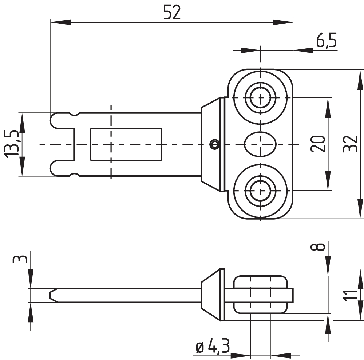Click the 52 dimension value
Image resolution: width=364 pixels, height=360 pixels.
172,12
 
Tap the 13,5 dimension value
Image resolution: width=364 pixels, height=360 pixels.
11,144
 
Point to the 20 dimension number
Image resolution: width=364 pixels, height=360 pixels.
318,144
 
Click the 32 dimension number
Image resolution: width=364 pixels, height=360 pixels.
350,144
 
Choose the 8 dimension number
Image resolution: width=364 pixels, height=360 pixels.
318,247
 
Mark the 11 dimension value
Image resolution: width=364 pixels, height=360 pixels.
350,296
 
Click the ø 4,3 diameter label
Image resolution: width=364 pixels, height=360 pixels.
213,346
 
